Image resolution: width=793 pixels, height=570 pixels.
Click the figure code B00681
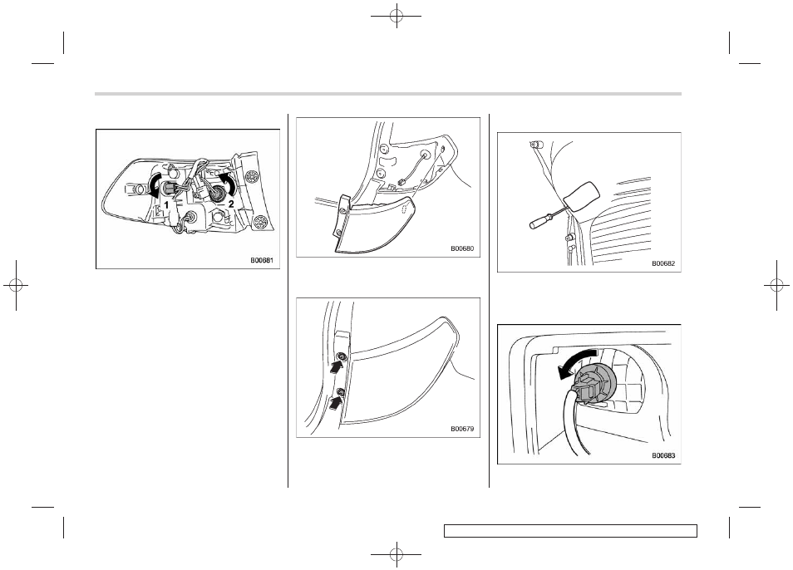[262, 261]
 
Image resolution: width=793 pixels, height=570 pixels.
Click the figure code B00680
[462, 248]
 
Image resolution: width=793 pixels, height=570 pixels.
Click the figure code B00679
[462, 429]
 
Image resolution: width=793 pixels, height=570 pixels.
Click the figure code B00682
[663, 263]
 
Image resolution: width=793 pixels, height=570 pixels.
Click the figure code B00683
[663, 455]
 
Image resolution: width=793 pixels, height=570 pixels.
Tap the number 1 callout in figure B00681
[166, 206]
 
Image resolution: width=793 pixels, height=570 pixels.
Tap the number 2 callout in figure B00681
[231, 204]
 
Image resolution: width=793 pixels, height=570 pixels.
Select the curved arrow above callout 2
[228, 184]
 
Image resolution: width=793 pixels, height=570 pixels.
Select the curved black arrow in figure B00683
[575, 361]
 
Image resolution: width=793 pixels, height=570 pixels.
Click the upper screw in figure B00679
[342, 358]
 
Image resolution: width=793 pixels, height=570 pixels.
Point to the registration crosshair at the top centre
[396, 16]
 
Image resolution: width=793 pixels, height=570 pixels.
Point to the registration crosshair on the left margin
[16, 286]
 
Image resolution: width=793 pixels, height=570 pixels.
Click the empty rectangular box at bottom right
[570, 531]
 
